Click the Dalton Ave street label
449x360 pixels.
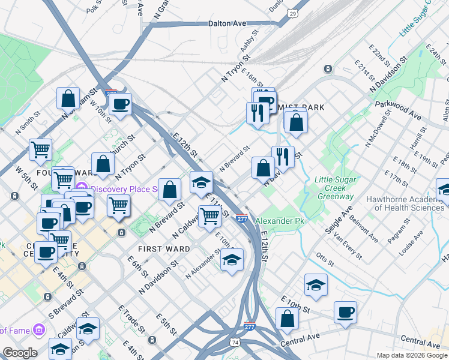pos(228,23)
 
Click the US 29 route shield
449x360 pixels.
pos(293,13)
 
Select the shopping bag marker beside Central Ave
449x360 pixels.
pos(287,318)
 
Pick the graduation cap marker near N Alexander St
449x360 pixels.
pos(231,260)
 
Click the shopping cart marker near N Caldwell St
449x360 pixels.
pos(209,215)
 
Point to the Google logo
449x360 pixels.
pos(19,353)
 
